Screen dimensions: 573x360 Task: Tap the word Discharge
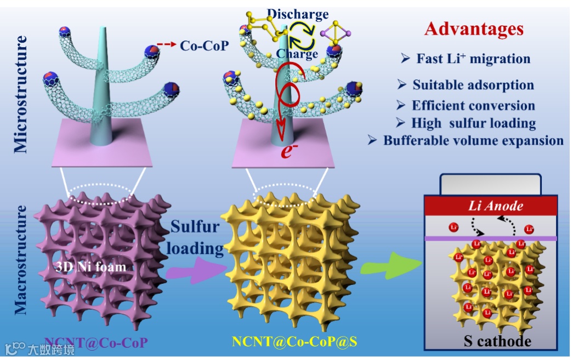tap(298, 15)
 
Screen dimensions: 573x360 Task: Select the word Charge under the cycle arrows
tap(297, 54)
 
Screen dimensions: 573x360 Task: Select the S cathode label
tap(497, 341)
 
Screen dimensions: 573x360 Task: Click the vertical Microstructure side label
tap(20, 94)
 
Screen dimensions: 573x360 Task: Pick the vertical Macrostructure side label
tap(20, 260)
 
